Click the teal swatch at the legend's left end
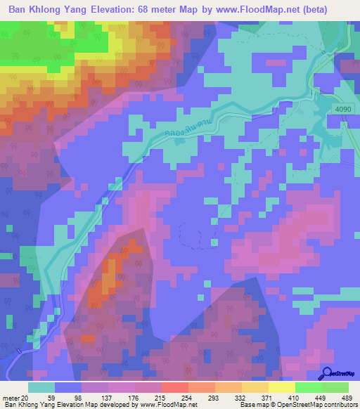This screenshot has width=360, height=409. coord(41,387)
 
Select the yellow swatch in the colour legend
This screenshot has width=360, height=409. coord(281,387)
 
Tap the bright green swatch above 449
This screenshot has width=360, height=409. coord(308,387)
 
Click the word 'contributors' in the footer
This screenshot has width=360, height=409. coord(339,404)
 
